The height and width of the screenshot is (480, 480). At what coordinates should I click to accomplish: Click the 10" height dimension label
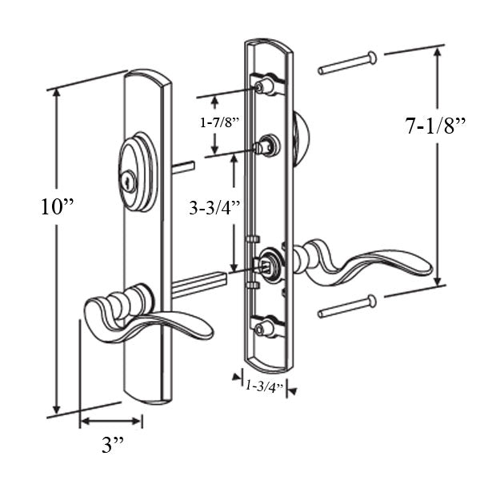tap(58, 207)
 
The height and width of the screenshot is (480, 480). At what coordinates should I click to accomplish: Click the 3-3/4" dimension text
tap(214, 209)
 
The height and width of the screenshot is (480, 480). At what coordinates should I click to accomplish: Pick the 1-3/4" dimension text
tap(264, 386)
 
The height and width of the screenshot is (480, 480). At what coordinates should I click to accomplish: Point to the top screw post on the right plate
tap(265, 85)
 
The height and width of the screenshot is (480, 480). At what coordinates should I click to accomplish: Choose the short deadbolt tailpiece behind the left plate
tap(183, 167)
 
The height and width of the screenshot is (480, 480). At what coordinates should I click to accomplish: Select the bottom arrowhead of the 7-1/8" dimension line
tap(437, 284)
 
